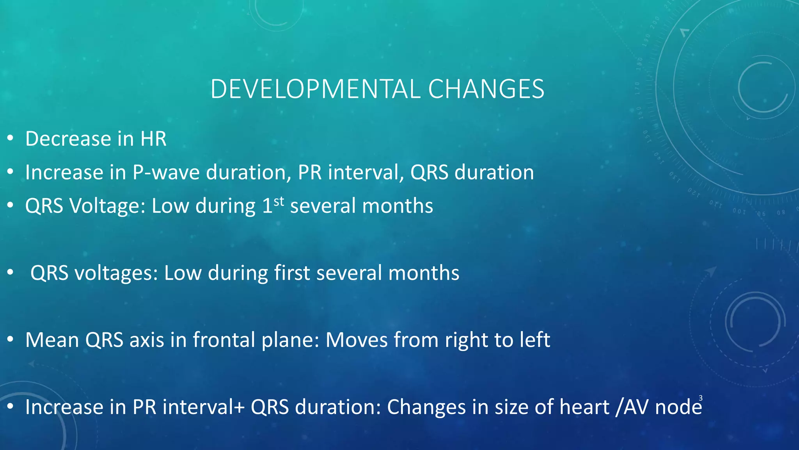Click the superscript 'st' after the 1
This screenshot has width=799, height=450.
[x=279, y=201]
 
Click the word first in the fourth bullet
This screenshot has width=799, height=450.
[x=292, y=273]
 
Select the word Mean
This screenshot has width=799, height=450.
[x=52, y=340]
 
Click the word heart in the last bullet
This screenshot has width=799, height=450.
[x=584, y=407]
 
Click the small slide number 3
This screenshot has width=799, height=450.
[x=701, y=398]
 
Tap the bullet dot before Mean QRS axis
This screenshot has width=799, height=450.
[x=11, y=339]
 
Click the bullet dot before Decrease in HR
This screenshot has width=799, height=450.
[x=11, y=138]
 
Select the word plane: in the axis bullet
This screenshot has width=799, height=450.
[x=290, y=340]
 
